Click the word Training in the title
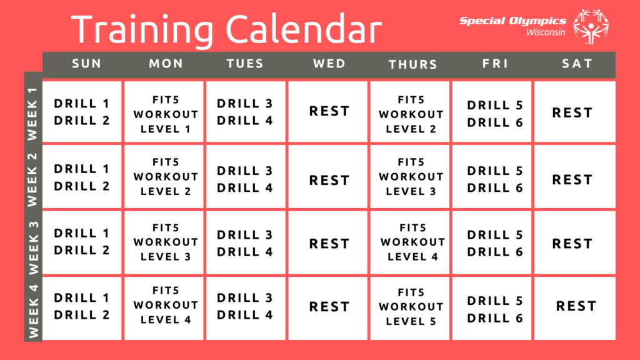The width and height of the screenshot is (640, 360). (142, 30)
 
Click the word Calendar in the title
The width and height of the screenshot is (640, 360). (304, 29)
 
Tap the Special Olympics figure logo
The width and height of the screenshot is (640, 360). (591, 26)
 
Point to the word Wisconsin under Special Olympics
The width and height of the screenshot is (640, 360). (546, 32)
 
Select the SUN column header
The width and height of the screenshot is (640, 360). (86, 64)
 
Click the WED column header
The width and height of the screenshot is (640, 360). (329, 64)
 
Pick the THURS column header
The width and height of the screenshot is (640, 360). (412, 64)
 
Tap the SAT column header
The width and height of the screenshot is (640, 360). (577, 64)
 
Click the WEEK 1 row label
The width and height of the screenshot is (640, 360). (32, 114)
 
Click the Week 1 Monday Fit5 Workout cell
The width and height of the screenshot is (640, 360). (164, 112)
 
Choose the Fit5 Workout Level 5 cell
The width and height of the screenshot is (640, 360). (410, 308)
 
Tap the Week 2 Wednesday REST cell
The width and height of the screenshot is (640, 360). (327, 177)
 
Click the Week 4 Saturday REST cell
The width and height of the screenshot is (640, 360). (575, 308)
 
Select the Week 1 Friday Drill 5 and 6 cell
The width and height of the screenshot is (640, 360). (492, 112)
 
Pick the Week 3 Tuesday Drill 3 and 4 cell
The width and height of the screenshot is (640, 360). (246, 242)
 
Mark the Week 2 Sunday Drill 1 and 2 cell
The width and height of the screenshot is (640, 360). (82, 177)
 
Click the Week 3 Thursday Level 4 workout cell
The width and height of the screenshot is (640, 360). (410, 242)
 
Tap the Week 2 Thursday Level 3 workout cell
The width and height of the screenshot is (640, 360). (410, 177)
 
